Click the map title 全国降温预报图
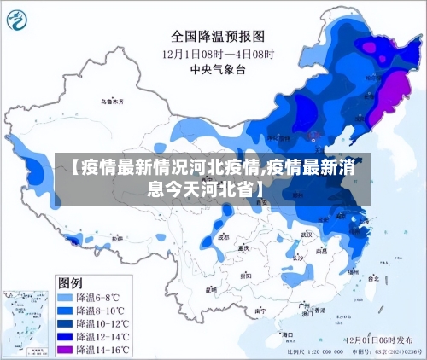[x=218, y=37]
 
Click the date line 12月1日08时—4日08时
[x=218, y=53]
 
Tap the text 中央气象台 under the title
[x=218, y=68]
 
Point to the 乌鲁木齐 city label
[x=111, y=101]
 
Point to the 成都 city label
[x=224, y=238]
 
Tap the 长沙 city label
[x=296, y=257]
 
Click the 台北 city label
[x=373, y=278]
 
